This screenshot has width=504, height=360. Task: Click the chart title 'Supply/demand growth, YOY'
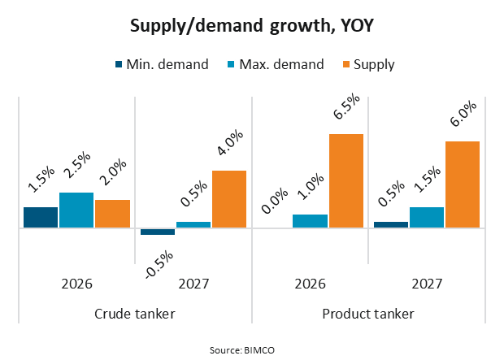251,26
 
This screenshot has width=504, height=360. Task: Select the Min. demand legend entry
160,64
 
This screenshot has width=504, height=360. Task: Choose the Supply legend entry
368,64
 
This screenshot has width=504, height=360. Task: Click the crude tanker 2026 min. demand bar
40,217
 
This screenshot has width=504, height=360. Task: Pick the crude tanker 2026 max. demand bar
76,210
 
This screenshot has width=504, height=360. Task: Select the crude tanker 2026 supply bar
112,213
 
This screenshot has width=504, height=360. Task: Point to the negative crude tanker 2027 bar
157,232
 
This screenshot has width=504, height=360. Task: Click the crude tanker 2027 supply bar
229,198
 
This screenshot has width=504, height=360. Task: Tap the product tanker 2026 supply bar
345,180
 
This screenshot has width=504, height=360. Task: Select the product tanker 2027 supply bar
463,184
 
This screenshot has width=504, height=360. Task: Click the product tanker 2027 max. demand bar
426,217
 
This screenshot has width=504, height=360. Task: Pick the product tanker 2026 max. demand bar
310,220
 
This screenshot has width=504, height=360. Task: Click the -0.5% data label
159,264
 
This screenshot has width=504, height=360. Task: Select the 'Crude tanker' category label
135,314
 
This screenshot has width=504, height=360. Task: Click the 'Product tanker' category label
368,314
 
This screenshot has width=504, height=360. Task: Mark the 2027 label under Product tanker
427,284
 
